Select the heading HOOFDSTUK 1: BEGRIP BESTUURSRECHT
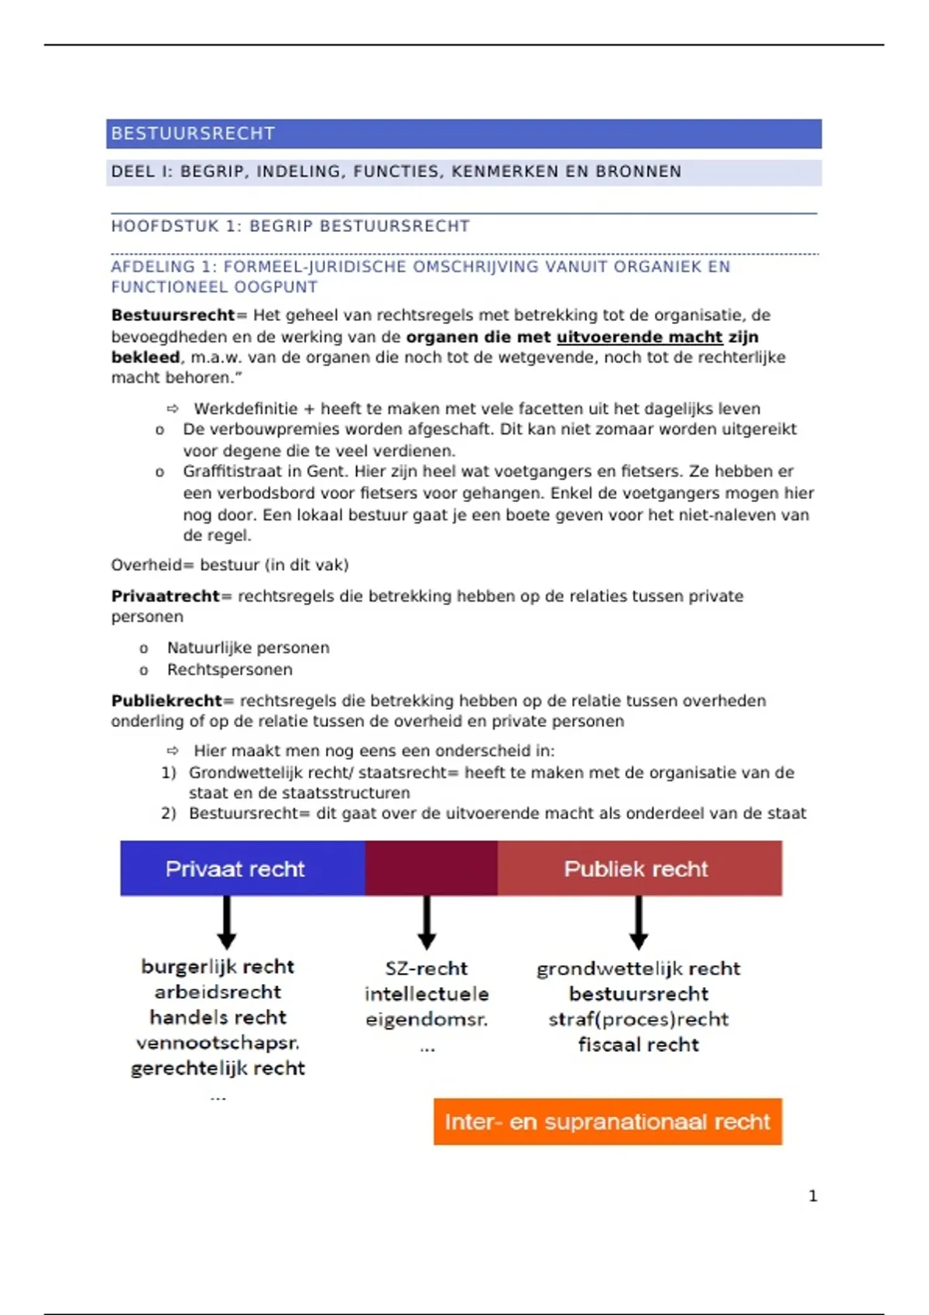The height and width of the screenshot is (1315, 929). (290, 226)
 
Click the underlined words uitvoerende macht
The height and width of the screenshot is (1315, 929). (639, 336)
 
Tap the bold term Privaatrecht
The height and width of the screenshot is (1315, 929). (166, 596)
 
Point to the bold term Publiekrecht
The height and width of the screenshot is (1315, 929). (166, 700)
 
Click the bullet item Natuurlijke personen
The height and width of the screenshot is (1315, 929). (248, 647)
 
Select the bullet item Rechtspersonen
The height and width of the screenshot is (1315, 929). (229, 669)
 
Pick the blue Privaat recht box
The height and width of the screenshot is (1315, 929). (242, 868)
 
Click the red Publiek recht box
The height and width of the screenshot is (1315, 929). (639, 868)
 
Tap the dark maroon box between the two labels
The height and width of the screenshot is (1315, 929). (430, 868)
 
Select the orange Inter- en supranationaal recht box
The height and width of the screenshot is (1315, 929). (607, 1121)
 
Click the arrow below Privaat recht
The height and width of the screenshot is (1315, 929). (226, 922)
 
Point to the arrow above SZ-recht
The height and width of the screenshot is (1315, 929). (427, 922)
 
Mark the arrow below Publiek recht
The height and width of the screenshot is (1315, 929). (638, 922)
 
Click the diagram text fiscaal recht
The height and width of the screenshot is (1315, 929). (638, 1044)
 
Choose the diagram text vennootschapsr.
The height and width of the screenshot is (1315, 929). (218, 1042)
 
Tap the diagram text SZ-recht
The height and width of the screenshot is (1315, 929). (427, 968)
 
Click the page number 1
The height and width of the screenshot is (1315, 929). (813, 1196)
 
